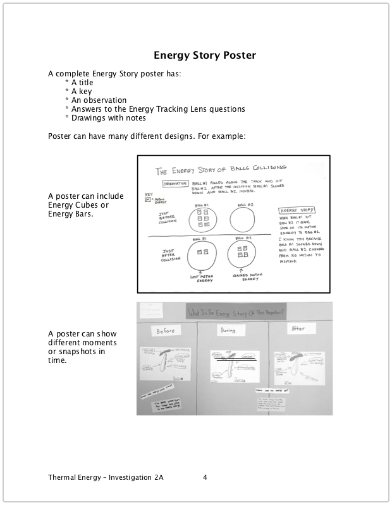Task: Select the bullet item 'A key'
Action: coord(78,91)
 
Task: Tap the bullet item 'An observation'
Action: coord(95,100)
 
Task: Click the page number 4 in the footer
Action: coord(205,477)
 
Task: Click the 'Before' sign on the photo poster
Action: coord(164,330)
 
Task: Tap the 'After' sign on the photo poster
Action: coord(296,328)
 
